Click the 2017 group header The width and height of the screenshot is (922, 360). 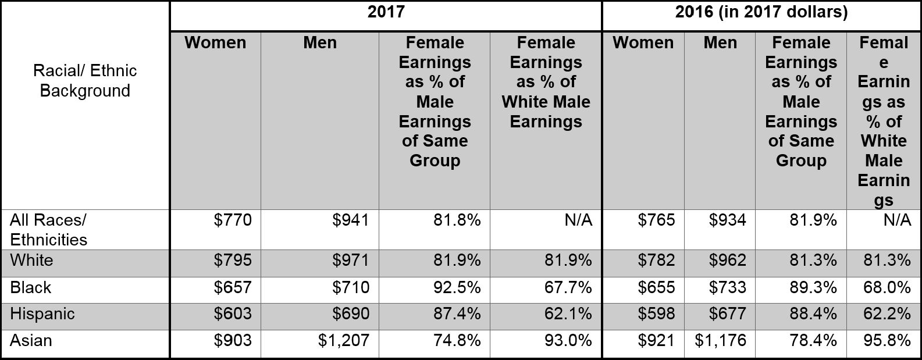coord(386,12)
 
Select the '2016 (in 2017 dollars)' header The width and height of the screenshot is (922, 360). coord(761,12)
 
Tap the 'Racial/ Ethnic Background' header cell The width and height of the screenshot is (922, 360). coord(85,81)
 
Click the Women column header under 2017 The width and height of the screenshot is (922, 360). coord(215,42)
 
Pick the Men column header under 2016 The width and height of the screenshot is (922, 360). coord(720,42)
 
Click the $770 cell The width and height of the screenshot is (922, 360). coord(233,220)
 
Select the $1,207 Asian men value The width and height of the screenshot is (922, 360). coord(344,340)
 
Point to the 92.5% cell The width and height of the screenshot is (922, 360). coord(457,287)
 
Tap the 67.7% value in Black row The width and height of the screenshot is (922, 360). coord(568,287)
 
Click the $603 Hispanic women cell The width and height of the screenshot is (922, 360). coord(233,313)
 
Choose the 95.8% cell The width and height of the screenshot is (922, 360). coord(887,340)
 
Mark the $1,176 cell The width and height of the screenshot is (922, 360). coord(720,340)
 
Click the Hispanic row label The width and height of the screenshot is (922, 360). coord(42,314)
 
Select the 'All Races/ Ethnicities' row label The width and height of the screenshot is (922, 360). coord(48,230)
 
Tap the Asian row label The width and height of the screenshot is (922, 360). coord(31,341)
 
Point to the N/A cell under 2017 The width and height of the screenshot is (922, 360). coord(578,220)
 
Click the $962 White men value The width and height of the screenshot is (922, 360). coord(727,260)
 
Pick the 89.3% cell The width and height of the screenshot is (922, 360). coord(813,287)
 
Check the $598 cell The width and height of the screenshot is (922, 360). coord(656,313)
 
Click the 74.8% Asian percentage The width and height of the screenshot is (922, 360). coord(457,340)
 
